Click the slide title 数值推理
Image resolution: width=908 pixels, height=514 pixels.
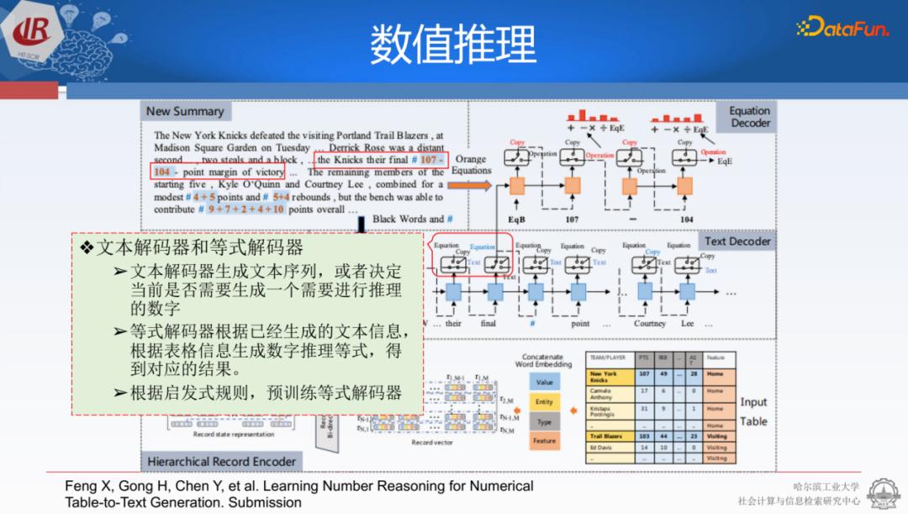[453, 44]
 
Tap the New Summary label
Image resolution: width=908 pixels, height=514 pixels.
[185, 111]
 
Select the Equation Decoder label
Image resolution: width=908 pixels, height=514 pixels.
[749, 117]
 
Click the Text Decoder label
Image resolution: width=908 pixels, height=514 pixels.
[737, 241]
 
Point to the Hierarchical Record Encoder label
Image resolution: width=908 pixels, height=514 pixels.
[222, 461]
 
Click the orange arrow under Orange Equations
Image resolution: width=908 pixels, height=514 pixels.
[472, 183]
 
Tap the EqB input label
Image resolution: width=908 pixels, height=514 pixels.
[516, 219]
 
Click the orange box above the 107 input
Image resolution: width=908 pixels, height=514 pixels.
[573, 185]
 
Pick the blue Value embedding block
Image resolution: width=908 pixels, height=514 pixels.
[545, 382]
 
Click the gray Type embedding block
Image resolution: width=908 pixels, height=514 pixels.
[545, 421]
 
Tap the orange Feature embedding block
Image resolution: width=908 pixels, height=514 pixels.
[545, 440]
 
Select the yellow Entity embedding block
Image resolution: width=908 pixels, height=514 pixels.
[545, 402]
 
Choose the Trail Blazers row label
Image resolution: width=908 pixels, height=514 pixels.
[607, 437]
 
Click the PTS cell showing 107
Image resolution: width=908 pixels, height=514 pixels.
[644, 374]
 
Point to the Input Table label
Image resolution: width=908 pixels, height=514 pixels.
[753, 411]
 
